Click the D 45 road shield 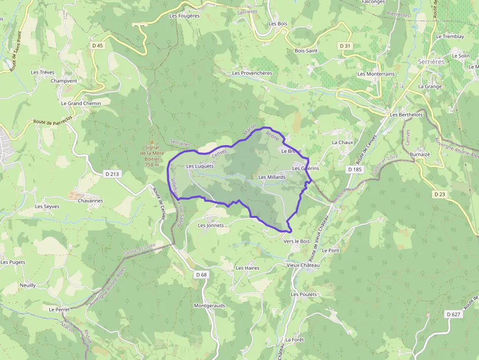[98, 45]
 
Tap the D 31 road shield [345, 45]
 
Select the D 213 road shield [112, 173]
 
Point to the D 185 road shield [355, 169]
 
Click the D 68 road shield [201, 275]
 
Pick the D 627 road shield [454, 314]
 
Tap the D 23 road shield [440, 194]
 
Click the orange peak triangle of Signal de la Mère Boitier [152, 142]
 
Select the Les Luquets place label [200, 166]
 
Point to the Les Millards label [272, 177]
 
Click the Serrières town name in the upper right [431, 62]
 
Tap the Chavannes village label [90, 200]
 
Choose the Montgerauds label [210, 305]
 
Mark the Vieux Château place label [303, 265]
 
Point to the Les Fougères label [184, 16]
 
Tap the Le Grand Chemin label [81, 103]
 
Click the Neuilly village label [28, 285]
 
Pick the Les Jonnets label [211, 225]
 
